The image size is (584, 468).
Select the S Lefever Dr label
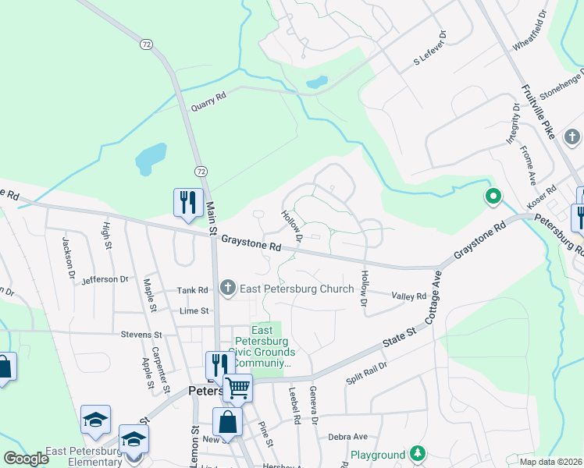coord(429,48)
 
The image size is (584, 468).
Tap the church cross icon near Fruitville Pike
coord(572,138)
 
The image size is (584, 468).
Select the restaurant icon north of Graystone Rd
coord(187,203)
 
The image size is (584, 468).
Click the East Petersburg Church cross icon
coord(228,289)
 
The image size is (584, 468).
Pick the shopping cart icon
coord(237,388)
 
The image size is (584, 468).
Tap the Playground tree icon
coord(418,454)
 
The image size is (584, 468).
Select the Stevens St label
coord(141,335)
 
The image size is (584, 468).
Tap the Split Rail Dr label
coord(367,373)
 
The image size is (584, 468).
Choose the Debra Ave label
coord(347,438)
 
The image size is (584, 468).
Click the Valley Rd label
coord(409,296)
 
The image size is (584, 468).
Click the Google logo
coord(26,459)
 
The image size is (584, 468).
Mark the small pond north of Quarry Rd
coord(316,82)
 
